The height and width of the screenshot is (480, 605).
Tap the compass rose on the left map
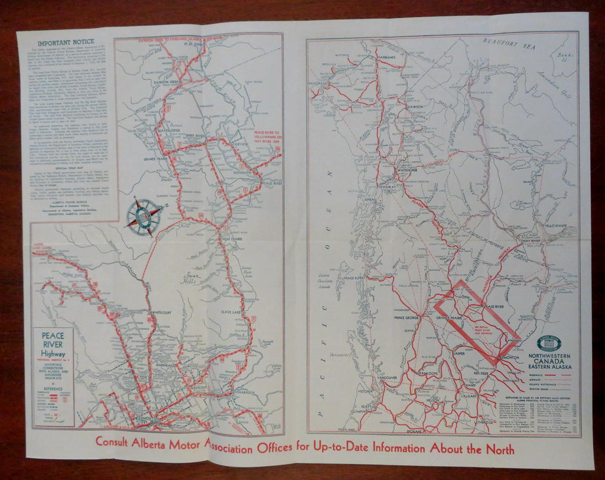point(144,217)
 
